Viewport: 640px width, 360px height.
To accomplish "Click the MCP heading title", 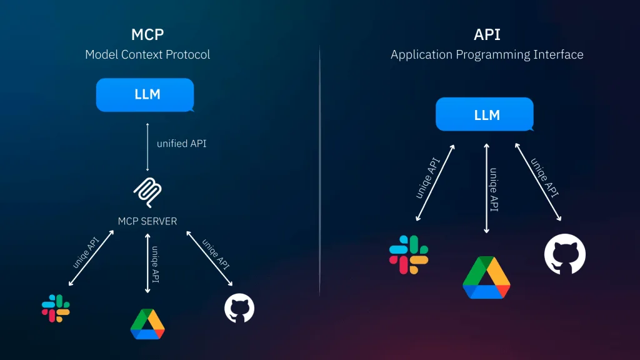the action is (x=147, y=35).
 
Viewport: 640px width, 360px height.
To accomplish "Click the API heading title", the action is (x=487, y=35).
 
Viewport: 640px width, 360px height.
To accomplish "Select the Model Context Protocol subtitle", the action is (x=147, y=54).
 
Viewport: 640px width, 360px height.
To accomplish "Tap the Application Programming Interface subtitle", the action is (x=487, y=55).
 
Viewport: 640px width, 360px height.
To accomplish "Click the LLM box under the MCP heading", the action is (x=145, y=95).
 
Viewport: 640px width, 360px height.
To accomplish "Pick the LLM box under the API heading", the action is (x=484, y=114).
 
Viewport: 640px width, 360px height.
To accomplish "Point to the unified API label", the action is (x=182, y=144).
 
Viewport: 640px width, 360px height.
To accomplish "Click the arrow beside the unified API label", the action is (x=147, y=147).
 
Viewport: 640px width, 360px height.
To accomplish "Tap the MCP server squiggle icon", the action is (x=147, y=192).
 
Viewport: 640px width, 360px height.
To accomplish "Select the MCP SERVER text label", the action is (x=147, y=221).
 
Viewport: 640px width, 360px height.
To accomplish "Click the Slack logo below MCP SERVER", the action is (x=56, y=308).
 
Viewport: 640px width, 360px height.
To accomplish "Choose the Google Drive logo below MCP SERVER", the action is (x=147, y=324).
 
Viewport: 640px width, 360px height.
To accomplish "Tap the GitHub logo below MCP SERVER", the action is (x=239, y=308).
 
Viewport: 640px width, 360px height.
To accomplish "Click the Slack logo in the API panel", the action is (x=409, y=255).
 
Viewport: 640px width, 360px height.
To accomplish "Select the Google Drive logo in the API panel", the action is (x=486, y=277).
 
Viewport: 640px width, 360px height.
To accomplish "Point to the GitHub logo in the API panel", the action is (x=565, y=254).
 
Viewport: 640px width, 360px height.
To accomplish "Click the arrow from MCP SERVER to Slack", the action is (x=91, y=258).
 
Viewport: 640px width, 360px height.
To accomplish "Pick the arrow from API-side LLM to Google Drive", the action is (x=486, y=188).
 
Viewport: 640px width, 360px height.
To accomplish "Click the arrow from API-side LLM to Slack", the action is (x=435, y=183).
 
